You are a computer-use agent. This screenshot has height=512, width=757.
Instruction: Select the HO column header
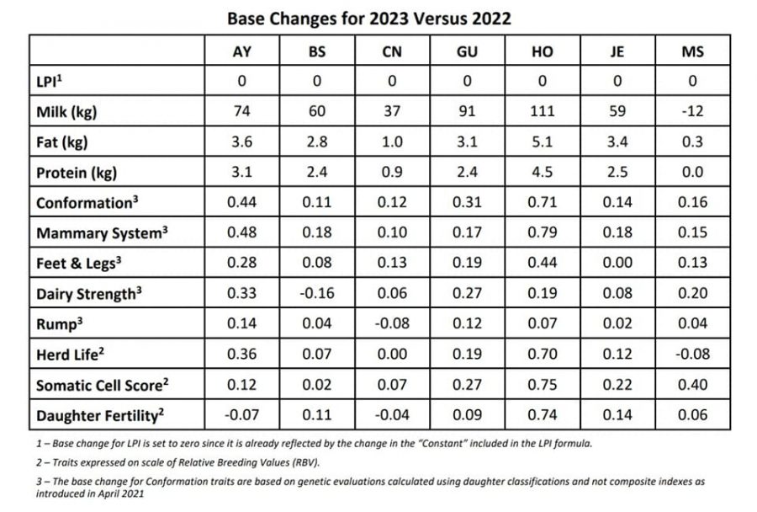[543, 52]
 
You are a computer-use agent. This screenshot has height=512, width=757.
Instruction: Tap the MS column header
[691, 52]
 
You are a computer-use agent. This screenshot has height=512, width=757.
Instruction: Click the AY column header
[243, 52]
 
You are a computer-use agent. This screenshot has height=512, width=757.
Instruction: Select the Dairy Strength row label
[86, 295]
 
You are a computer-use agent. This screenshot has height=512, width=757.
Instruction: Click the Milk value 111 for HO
[543, 113]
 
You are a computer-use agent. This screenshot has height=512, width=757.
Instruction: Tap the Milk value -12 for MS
[691, 113]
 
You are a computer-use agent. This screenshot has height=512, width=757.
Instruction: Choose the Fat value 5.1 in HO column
[543, 143]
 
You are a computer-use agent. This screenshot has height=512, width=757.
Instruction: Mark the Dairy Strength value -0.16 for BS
[318, 295]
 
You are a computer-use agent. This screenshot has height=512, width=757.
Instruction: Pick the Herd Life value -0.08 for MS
[691, 355]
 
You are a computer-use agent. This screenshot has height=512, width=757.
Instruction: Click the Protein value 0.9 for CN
[392, 173]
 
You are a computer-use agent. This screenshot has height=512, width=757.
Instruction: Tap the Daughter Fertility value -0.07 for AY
[243, 415]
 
